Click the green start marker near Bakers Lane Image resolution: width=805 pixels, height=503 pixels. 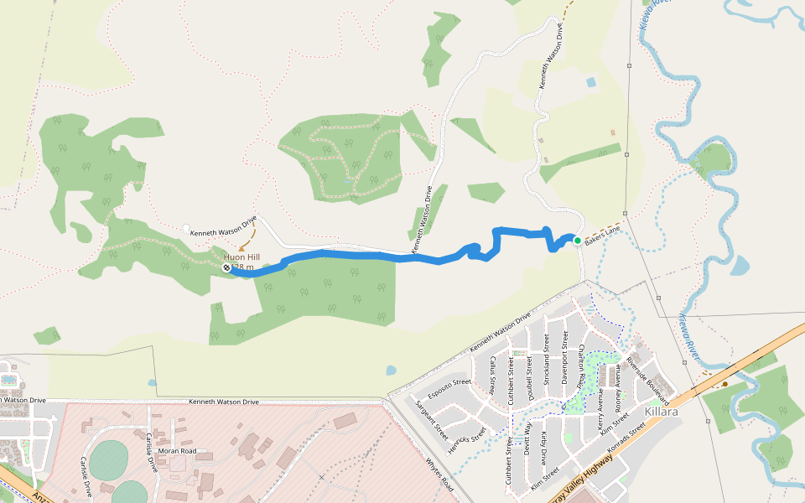coord(578,241)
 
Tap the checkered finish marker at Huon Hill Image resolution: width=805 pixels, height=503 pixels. coord(226,267)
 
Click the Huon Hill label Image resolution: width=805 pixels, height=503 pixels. coord(241,257)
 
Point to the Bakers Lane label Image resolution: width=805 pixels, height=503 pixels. coord(603,234)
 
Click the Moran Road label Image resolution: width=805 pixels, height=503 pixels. coord(177,451)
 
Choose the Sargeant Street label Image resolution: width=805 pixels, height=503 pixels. coord(433,419)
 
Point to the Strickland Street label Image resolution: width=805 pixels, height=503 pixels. coord(547,360)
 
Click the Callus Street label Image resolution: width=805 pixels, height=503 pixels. coord(494,370)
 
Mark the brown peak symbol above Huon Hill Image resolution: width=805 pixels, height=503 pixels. coord(242,248)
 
